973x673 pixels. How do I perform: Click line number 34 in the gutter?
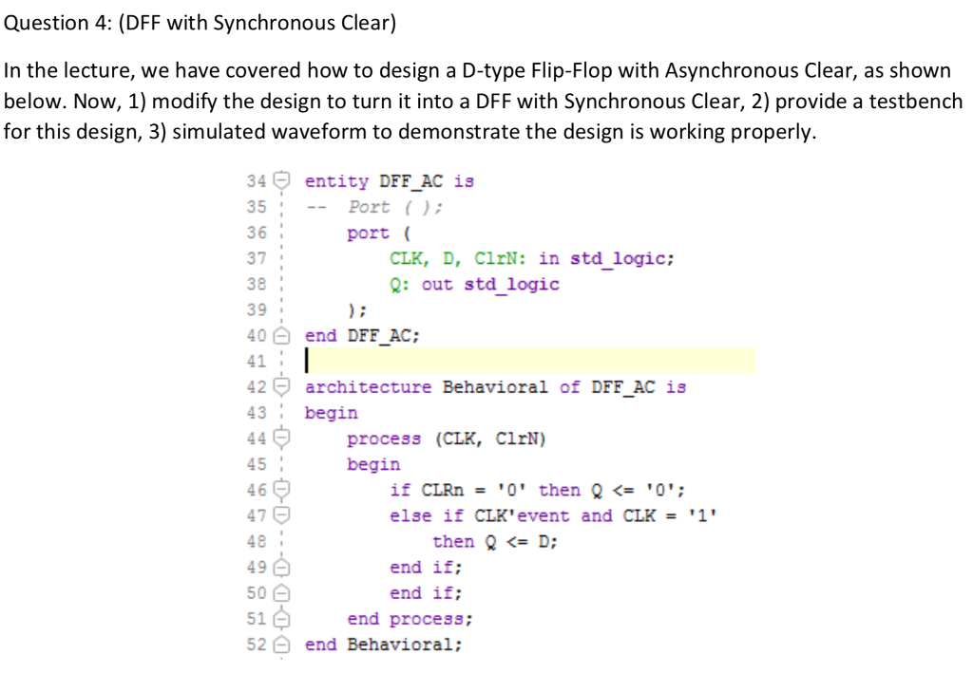coord(256,181)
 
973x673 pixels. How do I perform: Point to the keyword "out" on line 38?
coord(437,284)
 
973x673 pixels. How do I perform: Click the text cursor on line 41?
coord(306,361)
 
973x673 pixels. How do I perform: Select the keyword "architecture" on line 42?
coord(368,387)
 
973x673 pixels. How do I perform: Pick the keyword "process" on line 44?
coord(384,439)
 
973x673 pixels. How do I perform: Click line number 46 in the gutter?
coord(256,490)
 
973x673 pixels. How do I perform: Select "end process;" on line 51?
coord(410,619)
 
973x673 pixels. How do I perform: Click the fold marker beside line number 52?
coord(280,645)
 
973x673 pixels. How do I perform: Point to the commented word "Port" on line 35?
coord(369,207)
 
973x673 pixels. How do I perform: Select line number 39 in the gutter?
coord(256,309)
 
